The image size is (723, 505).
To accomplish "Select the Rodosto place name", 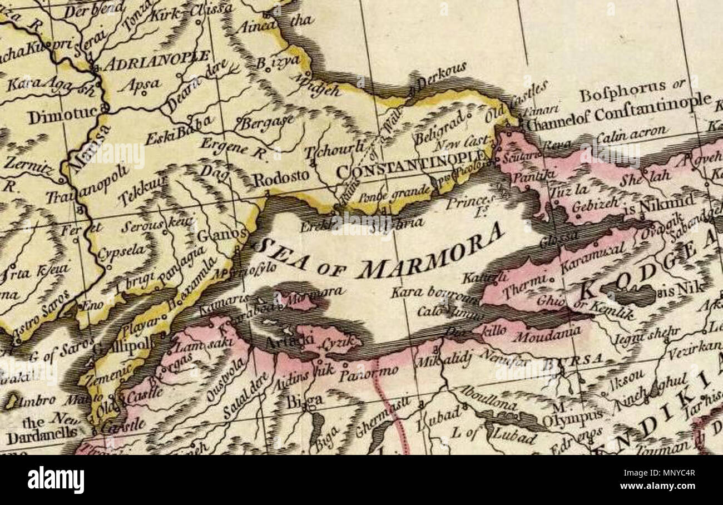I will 281,178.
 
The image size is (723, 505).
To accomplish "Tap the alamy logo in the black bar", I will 56,479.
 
